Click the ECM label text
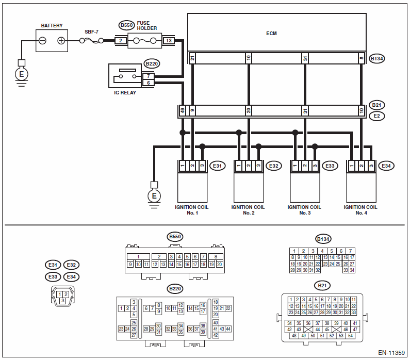271,34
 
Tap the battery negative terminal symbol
42,41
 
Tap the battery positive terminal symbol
61,41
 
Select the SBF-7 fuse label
91,32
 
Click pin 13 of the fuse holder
169,41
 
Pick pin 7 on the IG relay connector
149,76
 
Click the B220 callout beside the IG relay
152,63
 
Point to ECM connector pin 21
192,58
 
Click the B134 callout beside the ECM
377,59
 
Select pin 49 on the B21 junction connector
183,110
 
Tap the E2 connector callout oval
377,116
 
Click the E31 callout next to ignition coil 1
217,166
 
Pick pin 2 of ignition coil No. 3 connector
305,166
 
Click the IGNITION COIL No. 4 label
360,210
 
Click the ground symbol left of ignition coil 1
154,195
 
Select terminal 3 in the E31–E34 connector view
63,301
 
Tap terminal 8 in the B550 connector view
216,256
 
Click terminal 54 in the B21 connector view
350,335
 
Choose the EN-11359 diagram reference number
391,353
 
